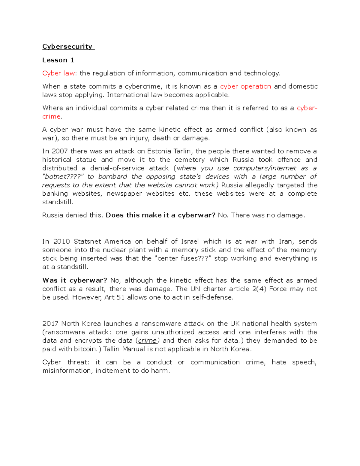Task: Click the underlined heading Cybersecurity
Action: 67,47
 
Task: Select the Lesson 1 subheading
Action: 58,60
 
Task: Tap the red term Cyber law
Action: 58,73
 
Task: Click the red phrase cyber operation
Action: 245,86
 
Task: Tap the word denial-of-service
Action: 117,168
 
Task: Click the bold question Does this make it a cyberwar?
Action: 160,215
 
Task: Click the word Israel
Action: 190,242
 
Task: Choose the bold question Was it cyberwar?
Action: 75,280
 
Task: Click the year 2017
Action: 50,323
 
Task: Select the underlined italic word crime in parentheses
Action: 147,341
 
